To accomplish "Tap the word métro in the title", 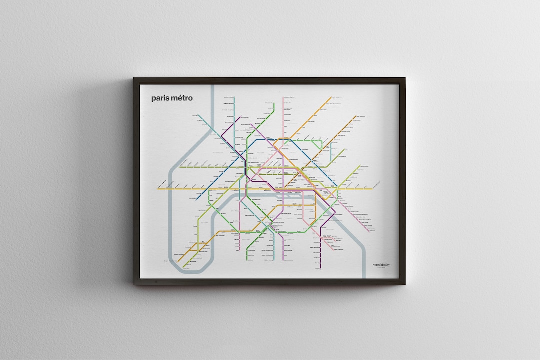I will [181, 98].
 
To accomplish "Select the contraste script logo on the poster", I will [381, 265].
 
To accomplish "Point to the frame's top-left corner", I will [134, 78].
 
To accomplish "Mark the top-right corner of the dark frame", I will [404, 78].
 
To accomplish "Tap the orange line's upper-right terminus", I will [331, 98].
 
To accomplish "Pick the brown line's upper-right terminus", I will [356, 116].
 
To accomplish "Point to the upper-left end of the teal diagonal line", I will [199, 116].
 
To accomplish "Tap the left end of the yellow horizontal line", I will [158, 189].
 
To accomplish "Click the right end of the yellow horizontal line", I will [372, 189].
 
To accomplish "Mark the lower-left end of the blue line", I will [197, 199].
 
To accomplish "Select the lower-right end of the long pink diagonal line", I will [369, 231].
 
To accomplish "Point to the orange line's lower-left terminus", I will [178, 261].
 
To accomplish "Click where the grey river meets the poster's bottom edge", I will [365, 277].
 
